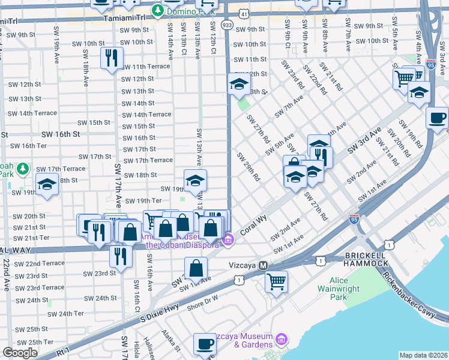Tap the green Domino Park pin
pos(157,10)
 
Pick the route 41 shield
pos(243,13)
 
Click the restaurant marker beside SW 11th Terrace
pos(112,58)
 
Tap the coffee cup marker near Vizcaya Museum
pos(205,344)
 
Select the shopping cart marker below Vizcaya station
pos(276,280)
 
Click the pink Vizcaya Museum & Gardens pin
pos(278,344)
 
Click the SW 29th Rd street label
pos(249,166)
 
